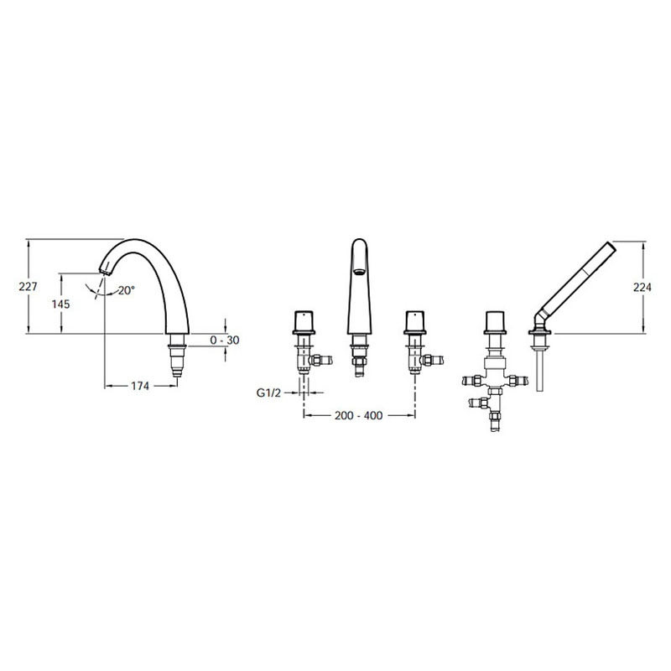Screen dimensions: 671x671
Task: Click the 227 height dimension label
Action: tap(29, 286)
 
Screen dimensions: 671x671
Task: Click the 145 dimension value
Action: tap(60, 304)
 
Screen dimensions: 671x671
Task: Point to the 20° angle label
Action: tap(127, 290)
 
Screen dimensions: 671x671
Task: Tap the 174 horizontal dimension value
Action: tap(140, 386)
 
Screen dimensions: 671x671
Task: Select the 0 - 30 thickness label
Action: tap(225, 341)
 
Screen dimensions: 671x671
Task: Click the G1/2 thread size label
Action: tap(268, 393)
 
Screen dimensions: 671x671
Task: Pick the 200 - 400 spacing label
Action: tap(359, 415)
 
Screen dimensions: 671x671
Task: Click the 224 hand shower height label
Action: tap(642, 287)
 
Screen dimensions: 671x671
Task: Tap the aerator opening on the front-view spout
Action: tap(359, 271)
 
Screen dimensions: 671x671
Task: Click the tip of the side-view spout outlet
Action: tap(105, 273)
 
